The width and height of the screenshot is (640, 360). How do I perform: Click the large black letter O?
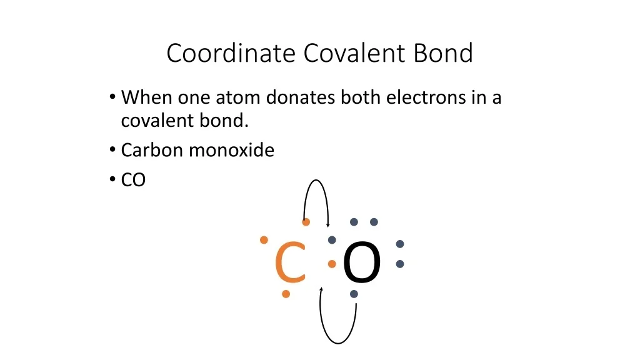[x=362, y=262]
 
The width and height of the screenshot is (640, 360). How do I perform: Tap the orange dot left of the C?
[x=264, y=240]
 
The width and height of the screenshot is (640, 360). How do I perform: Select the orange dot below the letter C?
[x=286, y=294]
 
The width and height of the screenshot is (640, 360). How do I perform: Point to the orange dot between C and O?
[x=332, y=264]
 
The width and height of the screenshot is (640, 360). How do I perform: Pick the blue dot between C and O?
[x=332, y=240]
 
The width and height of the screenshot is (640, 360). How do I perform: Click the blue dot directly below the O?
[x=354, y=294]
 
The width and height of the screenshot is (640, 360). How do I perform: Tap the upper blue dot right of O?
[x=400, y=244]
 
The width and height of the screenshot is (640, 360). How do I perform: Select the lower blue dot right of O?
[x=400, y=264]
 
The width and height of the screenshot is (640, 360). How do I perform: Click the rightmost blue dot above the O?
[x=374, y=222]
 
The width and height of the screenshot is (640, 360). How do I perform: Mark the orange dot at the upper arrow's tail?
[x=306, y=222]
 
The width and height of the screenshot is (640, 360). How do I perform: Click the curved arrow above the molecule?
[x=316, y=180]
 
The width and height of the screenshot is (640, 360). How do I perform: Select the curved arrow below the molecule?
[x=338, y=343]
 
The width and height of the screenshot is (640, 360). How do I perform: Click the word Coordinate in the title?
[x=231, y=53]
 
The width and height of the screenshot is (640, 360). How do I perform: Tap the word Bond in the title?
[x=443, y=53]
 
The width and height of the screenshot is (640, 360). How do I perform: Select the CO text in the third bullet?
[x=134, y=180]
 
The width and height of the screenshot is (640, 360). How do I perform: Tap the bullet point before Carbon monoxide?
[x=112, y=149]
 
